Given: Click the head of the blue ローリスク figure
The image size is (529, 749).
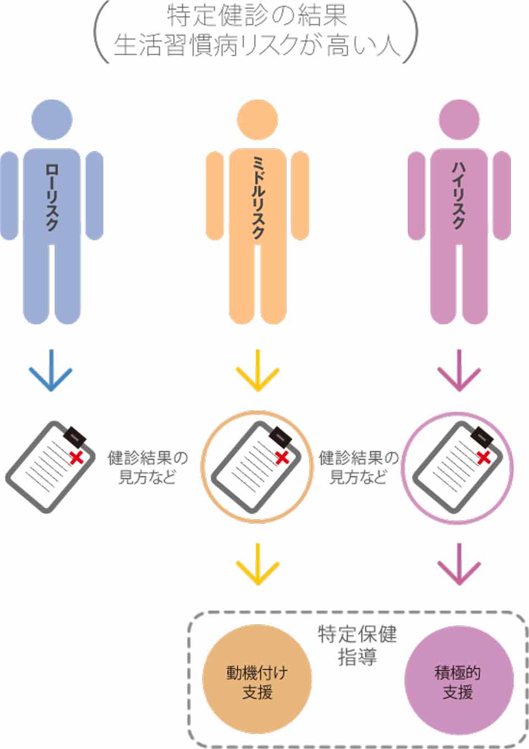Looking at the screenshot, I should click(52, 120).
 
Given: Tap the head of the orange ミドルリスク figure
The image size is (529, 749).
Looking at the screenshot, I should click(257, 120).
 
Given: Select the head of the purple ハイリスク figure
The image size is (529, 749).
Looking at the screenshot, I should click(459, 120).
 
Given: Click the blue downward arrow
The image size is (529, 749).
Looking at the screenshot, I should click(51, 370).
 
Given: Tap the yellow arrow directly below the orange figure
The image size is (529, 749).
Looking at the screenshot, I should click(257, 370).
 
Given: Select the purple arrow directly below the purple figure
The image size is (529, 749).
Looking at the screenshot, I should click(459, 370).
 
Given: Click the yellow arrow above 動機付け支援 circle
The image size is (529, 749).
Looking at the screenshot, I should click(257, 563).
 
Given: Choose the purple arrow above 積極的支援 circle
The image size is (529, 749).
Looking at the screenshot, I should click(459, 563).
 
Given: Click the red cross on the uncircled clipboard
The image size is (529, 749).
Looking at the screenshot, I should click(76, 457).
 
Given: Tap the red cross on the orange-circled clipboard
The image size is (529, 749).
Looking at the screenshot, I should click(282, 457).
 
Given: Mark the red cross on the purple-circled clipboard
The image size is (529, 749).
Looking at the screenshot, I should click(484, 457).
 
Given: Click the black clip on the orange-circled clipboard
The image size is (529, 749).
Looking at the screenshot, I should click(281, 435).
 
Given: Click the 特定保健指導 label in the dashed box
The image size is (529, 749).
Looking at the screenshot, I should click(357, 645).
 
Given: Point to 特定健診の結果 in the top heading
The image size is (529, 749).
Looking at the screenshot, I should click(257, 15).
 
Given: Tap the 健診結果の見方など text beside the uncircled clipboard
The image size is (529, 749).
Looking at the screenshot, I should click(147, 467).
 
